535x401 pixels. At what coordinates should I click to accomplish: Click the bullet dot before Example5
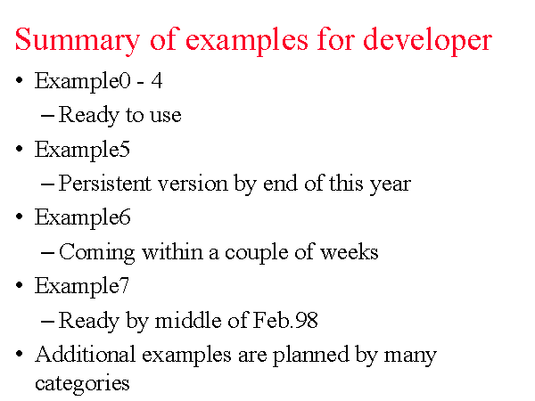pyautogui.click(x=20, y=149)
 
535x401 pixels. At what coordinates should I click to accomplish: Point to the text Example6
pyautogui.click(x=83, y=218)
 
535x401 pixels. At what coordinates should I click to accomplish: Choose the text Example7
pyautogui.click(x=82, y=286)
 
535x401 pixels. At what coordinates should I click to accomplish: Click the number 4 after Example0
pyautogui.click(x=157, y=81)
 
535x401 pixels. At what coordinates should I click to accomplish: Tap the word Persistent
pyautogui.click(x=104, y=183)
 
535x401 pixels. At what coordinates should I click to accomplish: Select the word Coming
pyautogui.click(x=97, y=253)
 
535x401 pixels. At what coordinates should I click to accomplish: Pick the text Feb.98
pyautogui.click(x=285, y=320)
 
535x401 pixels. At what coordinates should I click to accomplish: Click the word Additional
pyautogui.click(x=86, y=354)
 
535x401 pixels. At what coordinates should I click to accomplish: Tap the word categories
pyautogui.click(x=82, y=384)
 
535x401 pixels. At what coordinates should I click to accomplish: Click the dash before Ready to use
pyautogui.click(x=47, y=116)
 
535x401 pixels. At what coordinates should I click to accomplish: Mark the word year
pyautogui.click(x=391, y=185)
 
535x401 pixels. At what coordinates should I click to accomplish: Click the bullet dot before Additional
pyautogui.click(x=20, y=354)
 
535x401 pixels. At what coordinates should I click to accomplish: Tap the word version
pyautogui.click(x=193, y=184)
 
